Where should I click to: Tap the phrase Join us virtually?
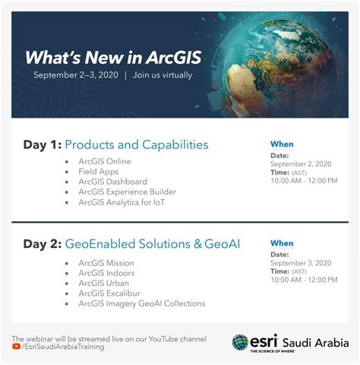163,75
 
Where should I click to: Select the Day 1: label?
42,144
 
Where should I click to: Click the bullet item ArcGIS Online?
105,161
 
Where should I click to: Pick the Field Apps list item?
99,172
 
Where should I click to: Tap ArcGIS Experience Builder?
127,192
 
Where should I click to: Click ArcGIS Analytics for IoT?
122,202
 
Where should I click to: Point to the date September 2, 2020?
301,163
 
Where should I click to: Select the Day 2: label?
42,244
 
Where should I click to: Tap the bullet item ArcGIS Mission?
106,263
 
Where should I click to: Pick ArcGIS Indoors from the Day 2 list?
107,273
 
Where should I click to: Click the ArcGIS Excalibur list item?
111,294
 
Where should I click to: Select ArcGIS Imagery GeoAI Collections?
142,303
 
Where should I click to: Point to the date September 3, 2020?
301,262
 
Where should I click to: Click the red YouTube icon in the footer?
16,347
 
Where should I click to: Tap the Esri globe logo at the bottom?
241,342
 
